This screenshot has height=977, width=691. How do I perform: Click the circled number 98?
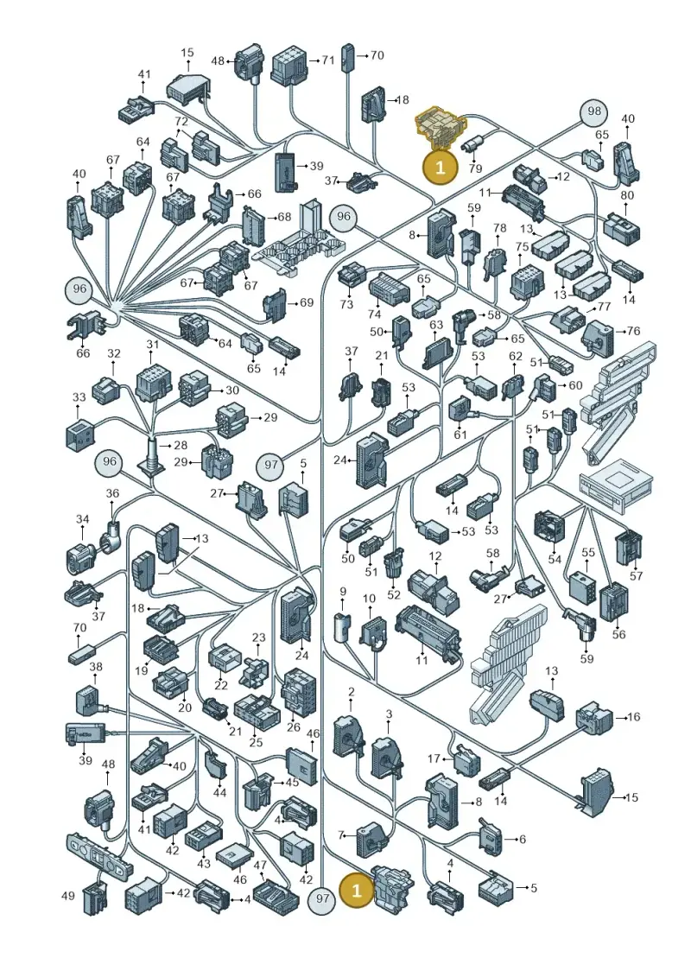(x=594, y=112)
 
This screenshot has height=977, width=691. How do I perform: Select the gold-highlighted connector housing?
(x=440, y=129)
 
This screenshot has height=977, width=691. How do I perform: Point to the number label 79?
(x=475, y=168)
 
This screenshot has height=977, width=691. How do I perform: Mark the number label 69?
(x=306, y=303)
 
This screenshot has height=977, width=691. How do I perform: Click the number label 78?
(x=500, y=229)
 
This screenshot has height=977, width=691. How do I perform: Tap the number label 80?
(x=627, y=195)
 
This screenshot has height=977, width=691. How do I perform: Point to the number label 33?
(x=79, y=397)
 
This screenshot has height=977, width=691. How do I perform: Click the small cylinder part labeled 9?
(x=342, y=626)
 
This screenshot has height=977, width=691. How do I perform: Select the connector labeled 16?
(x=593, y=719)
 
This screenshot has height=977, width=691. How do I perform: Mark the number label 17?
(x=434, y=759)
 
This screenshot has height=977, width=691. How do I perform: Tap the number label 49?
(x=68, y=896)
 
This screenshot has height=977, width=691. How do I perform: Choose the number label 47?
(x=260, y=866)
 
